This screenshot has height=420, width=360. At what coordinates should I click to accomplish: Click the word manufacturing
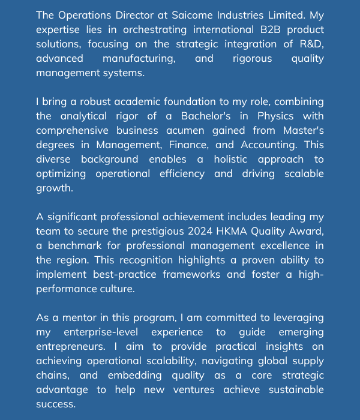(x=139, y=58)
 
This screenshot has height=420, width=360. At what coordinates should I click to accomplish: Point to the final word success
(x=56, y=404)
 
